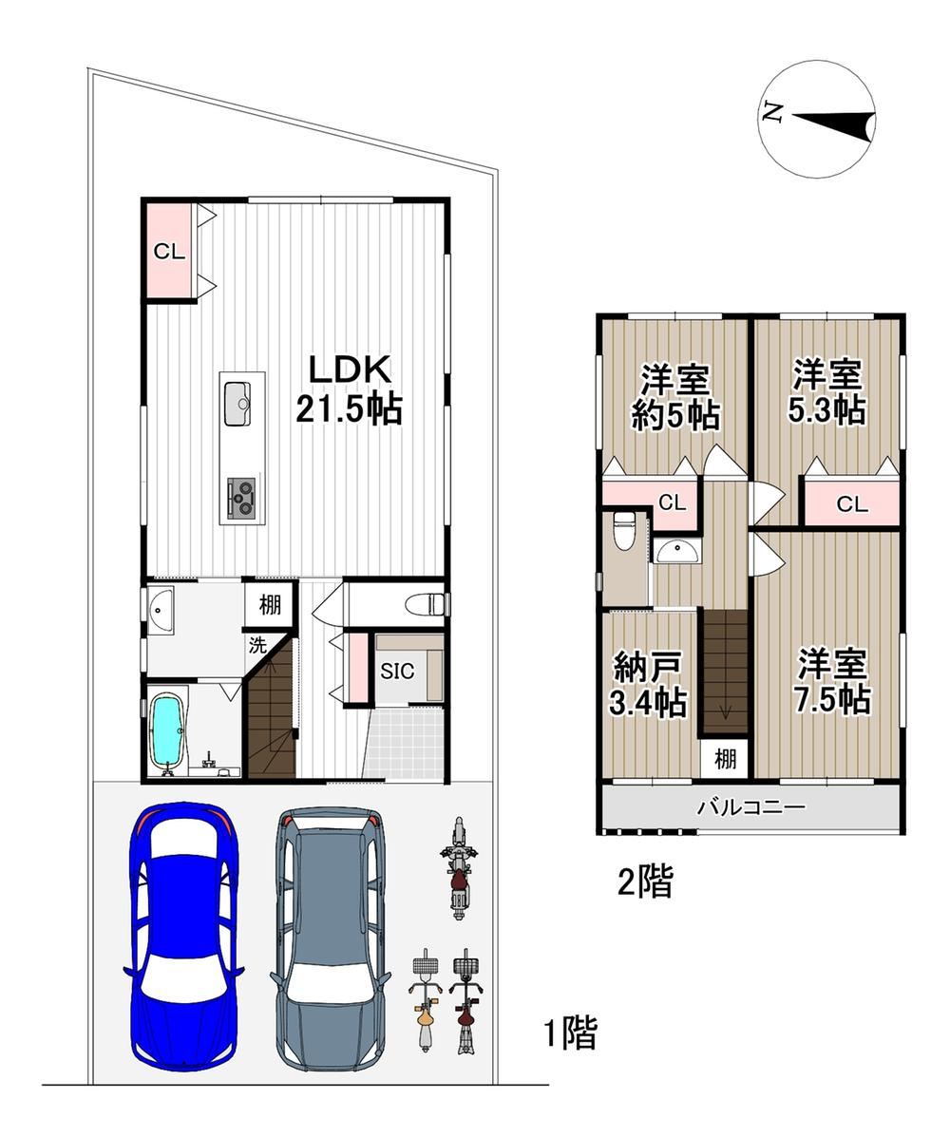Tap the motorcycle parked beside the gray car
click(x=458, y=868)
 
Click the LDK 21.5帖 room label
click(x=350, y=389)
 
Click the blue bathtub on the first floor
click(x=167, y=730)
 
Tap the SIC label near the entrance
click(x=397, y=671)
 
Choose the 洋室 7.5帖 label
click(x=832, y=681)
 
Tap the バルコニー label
click(x=752, y=806)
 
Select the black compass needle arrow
click(x=834, y=125)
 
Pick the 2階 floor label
click(x=645, y=881)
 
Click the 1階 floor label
click(x=571, y=1033)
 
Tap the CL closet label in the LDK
click(x=169, y=252)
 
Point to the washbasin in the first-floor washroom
click(x=161, y=612)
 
